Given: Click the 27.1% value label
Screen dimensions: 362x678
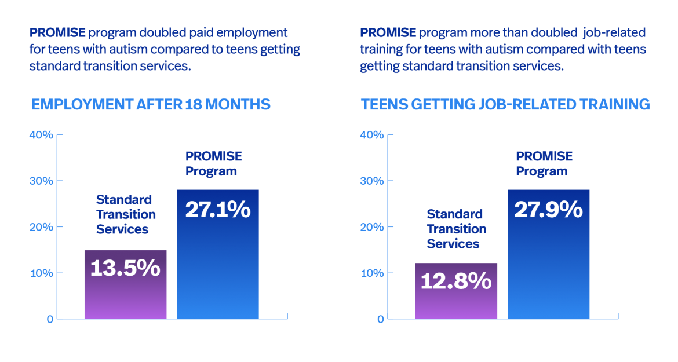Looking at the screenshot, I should pos(217,210).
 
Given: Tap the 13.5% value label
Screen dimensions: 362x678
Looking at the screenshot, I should pos(125,268).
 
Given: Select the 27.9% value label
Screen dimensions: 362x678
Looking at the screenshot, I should pos(548,210).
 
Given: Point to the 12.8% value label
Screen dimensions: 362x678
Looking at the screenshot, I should pos(456,281).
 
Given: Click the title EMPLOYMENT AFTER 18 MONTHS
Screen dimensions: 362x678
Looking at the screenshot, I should pos(151,105).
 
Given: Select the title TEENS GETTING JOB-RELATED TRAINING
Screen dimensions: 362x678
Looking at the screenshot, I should pos(505,105).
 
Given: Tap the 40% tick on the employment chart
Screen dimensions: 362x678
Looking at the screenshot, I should pos(41,135).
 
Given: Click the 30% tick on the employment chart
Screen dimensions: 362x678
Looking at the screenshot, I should pos(41,181).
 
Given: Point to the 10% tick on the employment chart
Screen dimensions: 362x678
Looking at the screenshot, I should pos(41,273).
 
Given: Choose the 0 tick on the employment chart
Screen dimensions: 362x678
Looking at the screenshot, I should pos(50,319).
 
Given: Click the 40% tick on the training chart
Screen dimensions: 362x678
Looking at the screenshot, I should pos(372,135).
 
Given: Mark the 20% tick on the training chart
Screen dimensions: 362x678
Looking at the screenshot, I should pos(372,227).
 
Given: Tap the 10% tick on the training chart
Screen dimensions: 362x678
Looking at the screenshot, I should pos(372,273).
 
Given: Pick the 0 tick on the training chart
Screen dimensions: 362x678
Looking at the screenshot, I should pos(381,319).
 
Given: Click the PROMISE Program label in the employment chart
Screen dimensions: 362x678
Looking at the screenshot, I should pos(213,164).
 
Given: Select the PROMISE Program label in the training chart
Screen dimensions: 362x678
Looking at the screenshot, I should pos(544,164).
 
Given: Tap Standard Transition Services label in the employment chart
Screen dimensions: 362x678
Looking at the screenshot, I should pos(126,214).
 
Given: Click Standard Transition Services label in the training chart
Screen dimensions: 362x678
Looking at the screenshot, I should pos(457,229).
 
